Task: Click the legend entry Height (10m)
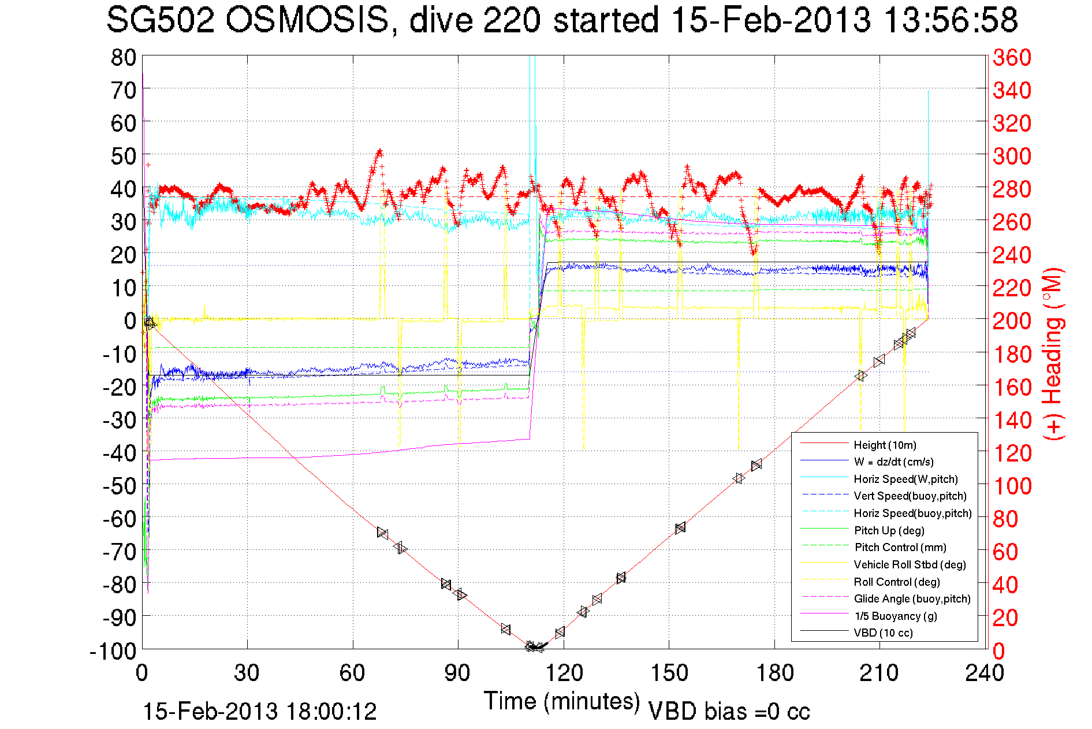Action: (x=885, y=445)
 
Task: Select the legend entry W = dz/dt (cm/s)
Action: (x=893, y=462)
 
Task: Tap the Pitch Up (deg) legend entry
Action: (x=889, y=531)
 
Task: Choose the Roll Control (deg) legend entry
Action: (x=896, y=582)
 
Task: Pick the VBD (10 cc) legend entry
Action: (x=883, y=633)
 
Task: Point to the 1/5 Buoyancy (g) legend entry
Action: (x=896, y=616)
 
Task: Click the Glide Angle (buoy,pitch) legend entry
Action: (x=912, y=599)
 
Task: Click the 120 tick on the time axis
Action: (x=564, y=674)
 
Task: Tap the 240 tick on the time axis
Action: (x=985, y=674)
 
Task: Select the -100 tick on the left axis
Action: (x=113, y=652)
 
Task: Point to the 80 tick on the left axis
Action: (x=123, y=58)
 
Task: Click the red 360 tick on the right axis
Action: (x=1012, y=58)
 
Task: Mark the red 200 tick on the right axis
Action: (x=1012, y=321)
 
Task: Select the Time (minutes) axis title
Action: (x=562, y=701)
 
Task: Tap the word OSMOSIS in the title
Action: (x=307, y=21)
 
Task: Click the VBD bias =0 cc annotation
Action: (x=729, y=712)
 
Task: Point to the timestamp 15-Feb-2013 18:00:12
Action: (x=260, y=712)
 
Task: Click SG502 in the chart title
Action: (x=160, y=21)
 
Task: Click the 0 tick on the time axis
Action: (x=142, y=674)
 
